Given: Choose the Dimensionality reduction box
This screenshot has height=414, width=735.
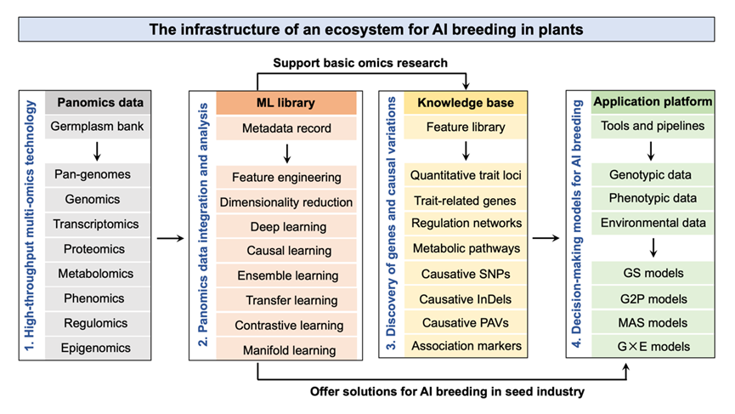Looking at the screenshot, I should tap(286, 202).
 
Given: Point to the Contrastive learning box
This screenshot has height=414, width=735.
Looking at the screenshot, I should tap(286, 325).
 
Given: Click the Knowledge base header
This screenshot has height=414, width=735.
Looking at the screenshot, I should tap(465, 103).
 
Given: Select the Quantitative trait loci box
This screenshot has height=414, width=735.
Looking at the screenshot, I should tap(465, 175).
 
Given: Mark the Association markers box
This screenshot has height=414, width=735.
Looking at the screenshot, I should tap(465, 345).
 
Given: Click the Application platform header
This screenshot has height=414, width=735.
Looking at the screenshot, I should tap(653, 103).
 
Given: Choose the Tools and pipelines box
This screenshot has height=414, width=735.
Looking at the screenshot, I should tap(653, 127).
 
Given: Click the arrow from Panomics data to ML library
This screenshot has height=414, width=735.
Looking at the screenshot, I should tap(170, 239).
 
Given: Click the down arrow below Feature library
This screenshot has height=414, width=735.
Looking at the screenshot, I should tap(465, 151).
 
